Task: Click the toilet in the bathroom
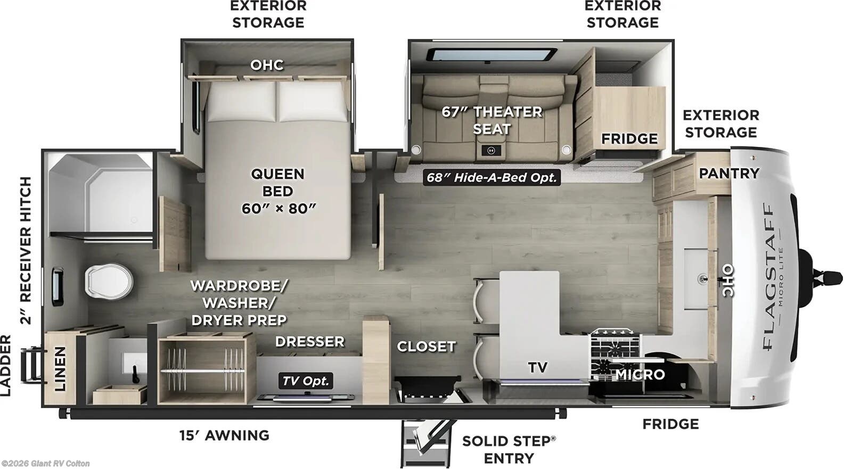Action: pyautogui.click(x=108, y=281)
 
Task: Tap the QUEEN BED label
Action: pyautogui.click(x=278, y=191)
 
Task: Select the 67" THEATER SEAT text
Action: pyautogui.click(x=491, y=120)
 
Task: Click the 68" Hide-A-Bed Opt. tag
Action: pyautogui.click(x=491, y=177)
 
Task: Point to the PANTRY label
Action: pyautogui.click(x=728, y=173)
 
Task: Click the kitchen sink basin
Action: pyautogui.click(x=697, y=278)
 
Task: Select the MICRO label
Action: pyautogui.click(x=640, y=375)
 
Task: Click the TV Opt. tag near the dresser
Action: pyautogui.click(x=306, y=381)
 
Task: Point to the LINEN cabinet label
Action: pyautogui.click(x=60, y=368)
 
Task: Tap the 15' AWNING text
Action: pyautogui.click(x=224, y=435)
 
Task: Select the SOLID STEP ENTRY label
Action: pyautogui.click(x=509, y=449)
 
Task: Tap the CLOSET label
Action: pyautogui.click(x=426, y=347)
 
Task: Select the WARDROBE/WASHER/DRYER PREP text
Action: pyautogui.click(x=239, y=302)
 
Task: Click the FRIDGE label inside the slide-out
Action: pyautogui.click(x=629, y=139)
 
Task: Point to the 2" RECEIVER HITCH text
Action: pyautogui.click(x=26, y=250)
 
